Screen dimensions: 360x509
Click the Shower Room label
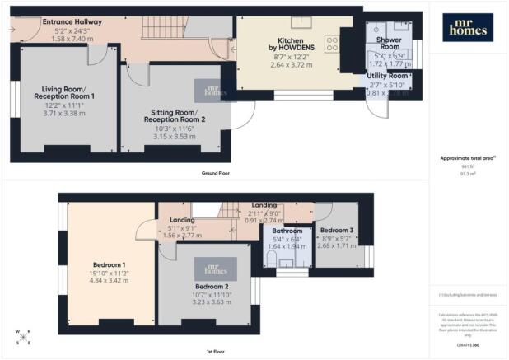pyautogui.click(x=388, y=43)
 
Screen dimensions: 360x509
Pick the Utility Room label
pyautogui.click(x=387, y=77)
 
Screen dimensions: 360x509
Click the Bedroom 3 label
pyautogui.click(x=338, y=230)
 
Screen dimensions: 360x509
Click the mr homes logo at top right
pyautogui.click(x=466, y=27)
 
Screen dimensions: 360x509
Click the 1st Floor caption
pyautogui.click(x=215, y=350)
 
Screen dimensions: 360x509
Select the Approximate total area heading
pyautogui.click(x=465, y=158)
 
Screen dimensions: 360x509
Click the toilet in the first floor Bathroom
pyautogui.click(x=273, y=259)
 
